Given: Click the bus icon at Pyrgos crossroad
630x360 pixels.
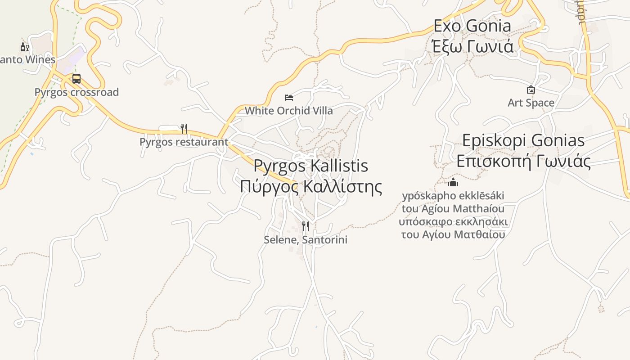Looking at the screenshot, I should point(76,79).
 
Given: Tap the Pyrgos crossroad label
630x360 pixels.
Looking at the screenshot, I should point(77,92).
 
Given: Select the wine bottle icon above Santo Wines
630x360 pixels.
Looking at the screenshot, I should point(24,46).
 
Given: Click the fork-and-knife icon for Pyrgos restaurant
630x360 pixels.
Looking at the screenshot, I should point(184,129).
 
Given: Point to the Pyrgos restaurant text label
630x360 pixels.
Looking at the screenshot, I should point(184,142).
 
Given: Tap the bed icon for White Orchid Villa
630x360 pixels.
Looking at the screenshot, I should point(289,97).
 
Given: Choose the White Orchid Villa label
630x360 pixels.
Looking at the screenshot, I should point(289,111).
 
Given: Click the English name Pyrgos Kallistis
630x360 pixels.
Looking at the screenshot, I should point(310,166).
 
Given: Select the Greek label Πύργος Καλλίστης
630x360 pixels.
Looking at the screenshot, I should point(310,186).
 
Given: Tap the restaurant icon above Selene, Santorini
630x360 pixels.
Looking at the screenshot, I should point(306,226).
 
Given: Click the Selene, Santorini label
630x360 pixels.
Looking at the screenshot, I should point(306,239).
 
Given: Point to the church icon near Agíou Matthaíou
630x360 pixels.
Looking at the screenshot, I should point(453,182).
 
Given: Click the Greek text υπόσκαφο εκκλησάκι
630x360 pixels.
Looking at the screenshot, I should point(453,222).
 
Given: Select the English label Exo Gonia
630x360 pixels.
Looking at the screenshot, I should point(472,26).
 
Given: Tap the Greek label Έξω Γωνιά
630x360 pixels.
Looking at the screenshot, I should point(472,46).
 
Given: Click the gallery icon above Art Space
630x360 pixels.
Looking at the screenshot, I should point(531,90).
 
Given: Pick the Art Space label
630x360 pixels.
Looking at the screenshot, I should point(531,103).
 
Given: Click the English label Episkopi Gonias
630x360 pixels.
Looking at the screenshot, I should point(523,140).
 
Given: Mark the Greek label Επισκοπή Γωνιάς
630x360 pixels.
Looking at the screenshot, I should point(523,161).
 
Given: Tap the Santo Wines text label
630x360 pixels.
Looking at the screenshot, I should point(28,59).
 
